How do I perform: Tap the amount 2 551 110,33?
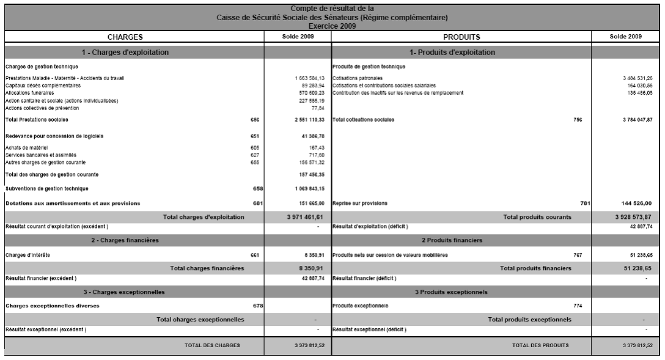[x=309, y=120]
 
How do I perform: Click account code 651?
[x=255, y=135]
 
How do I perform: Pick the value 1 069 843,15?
[x=309, y=188]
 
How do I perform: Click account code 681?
[x=255, y=203]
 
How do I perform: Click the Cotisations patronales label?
[x=358, y=78]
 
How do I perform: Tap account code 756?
[x=578, y=120]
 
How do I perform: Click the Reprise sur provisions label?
[x=359, y=203]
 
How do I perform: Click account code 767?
[x=578, y=255]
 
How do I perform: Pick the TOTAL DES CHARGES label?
[x=212, y=345]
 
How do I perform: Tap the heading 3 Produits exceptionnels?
[x=451, y=292]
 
